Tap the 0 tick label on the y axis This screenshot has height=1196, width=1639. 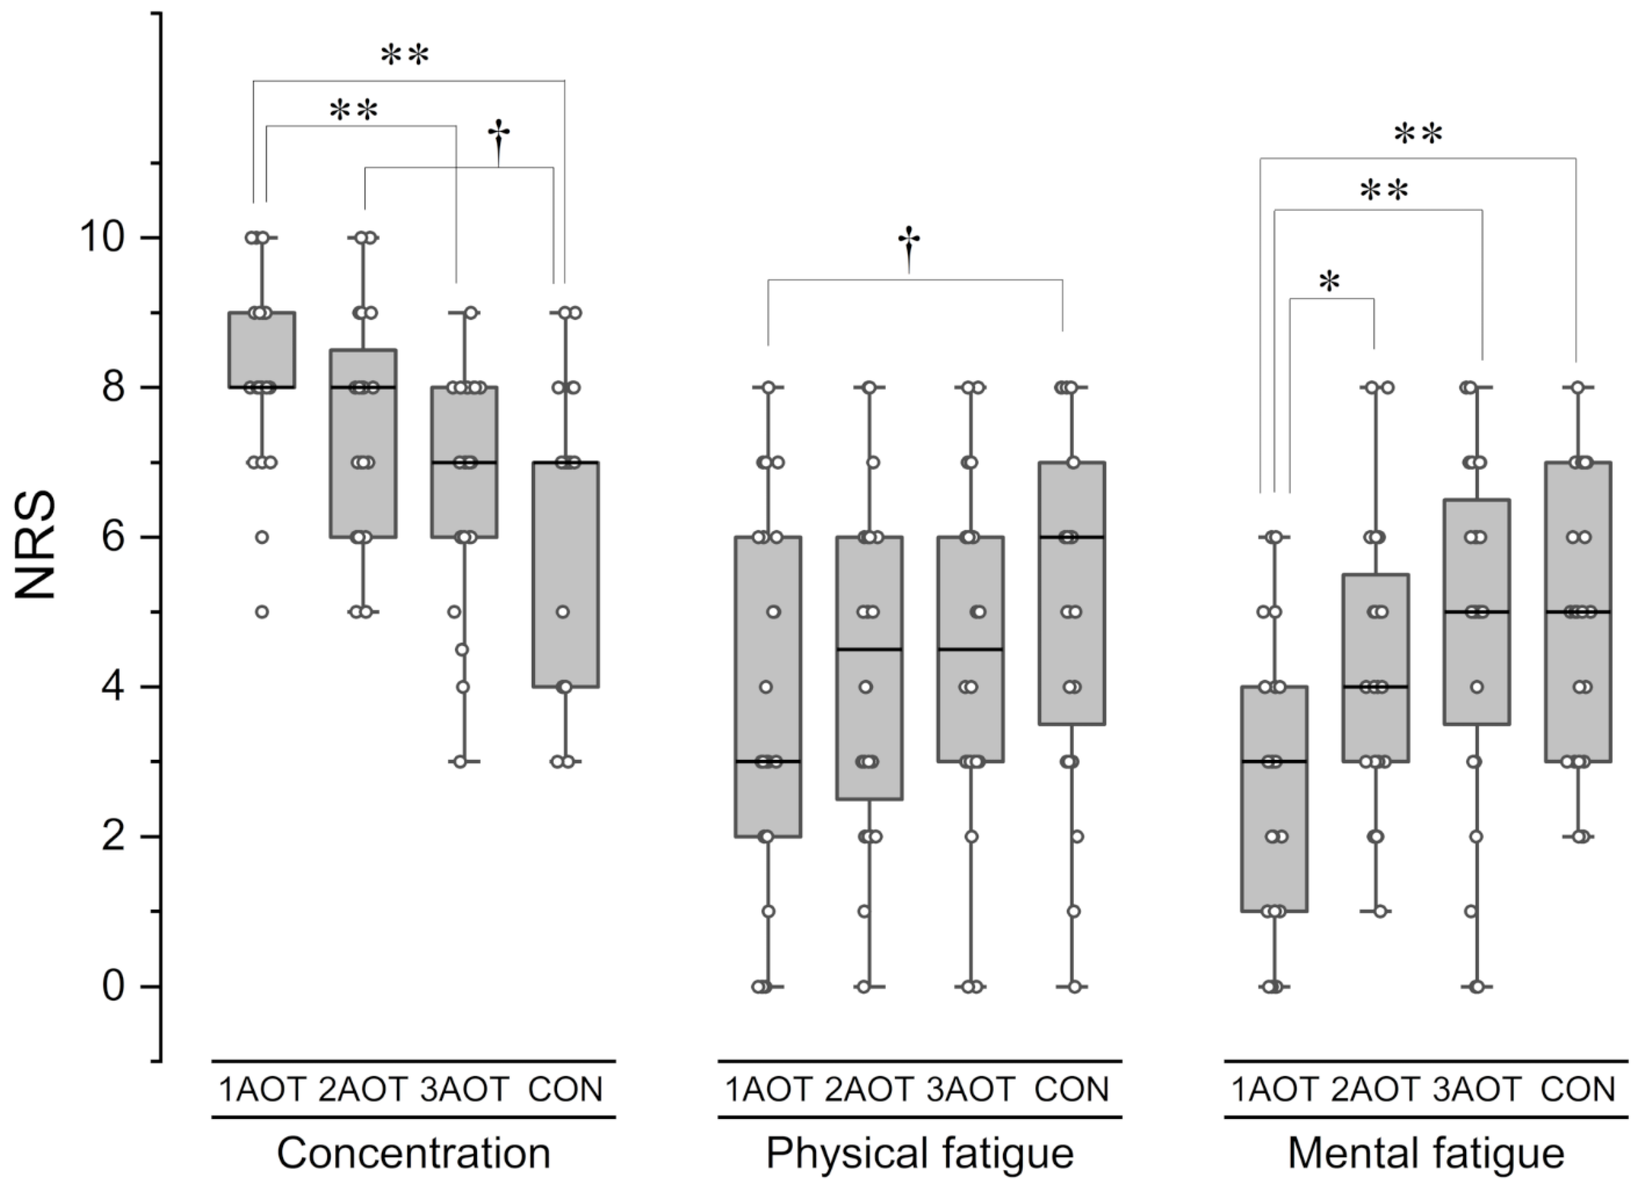pos(113,986)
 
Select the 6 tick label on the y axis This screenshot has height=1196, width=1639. pos(113,537)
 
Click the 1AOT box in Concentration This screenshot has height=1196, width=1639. pos(262,350)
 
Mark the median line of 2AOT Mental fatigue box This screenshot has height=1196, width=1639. pos(1376,687)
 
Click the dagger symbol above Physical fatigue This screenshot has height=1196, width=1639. pos(909,246)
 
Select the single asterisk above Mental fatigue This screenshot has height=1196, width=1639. pos(1329,282)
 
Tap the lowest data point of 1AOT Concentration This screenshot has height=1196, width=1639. pos(262,612)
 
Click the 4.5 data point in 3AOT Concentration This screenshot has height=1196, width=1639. pos(461,650)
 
